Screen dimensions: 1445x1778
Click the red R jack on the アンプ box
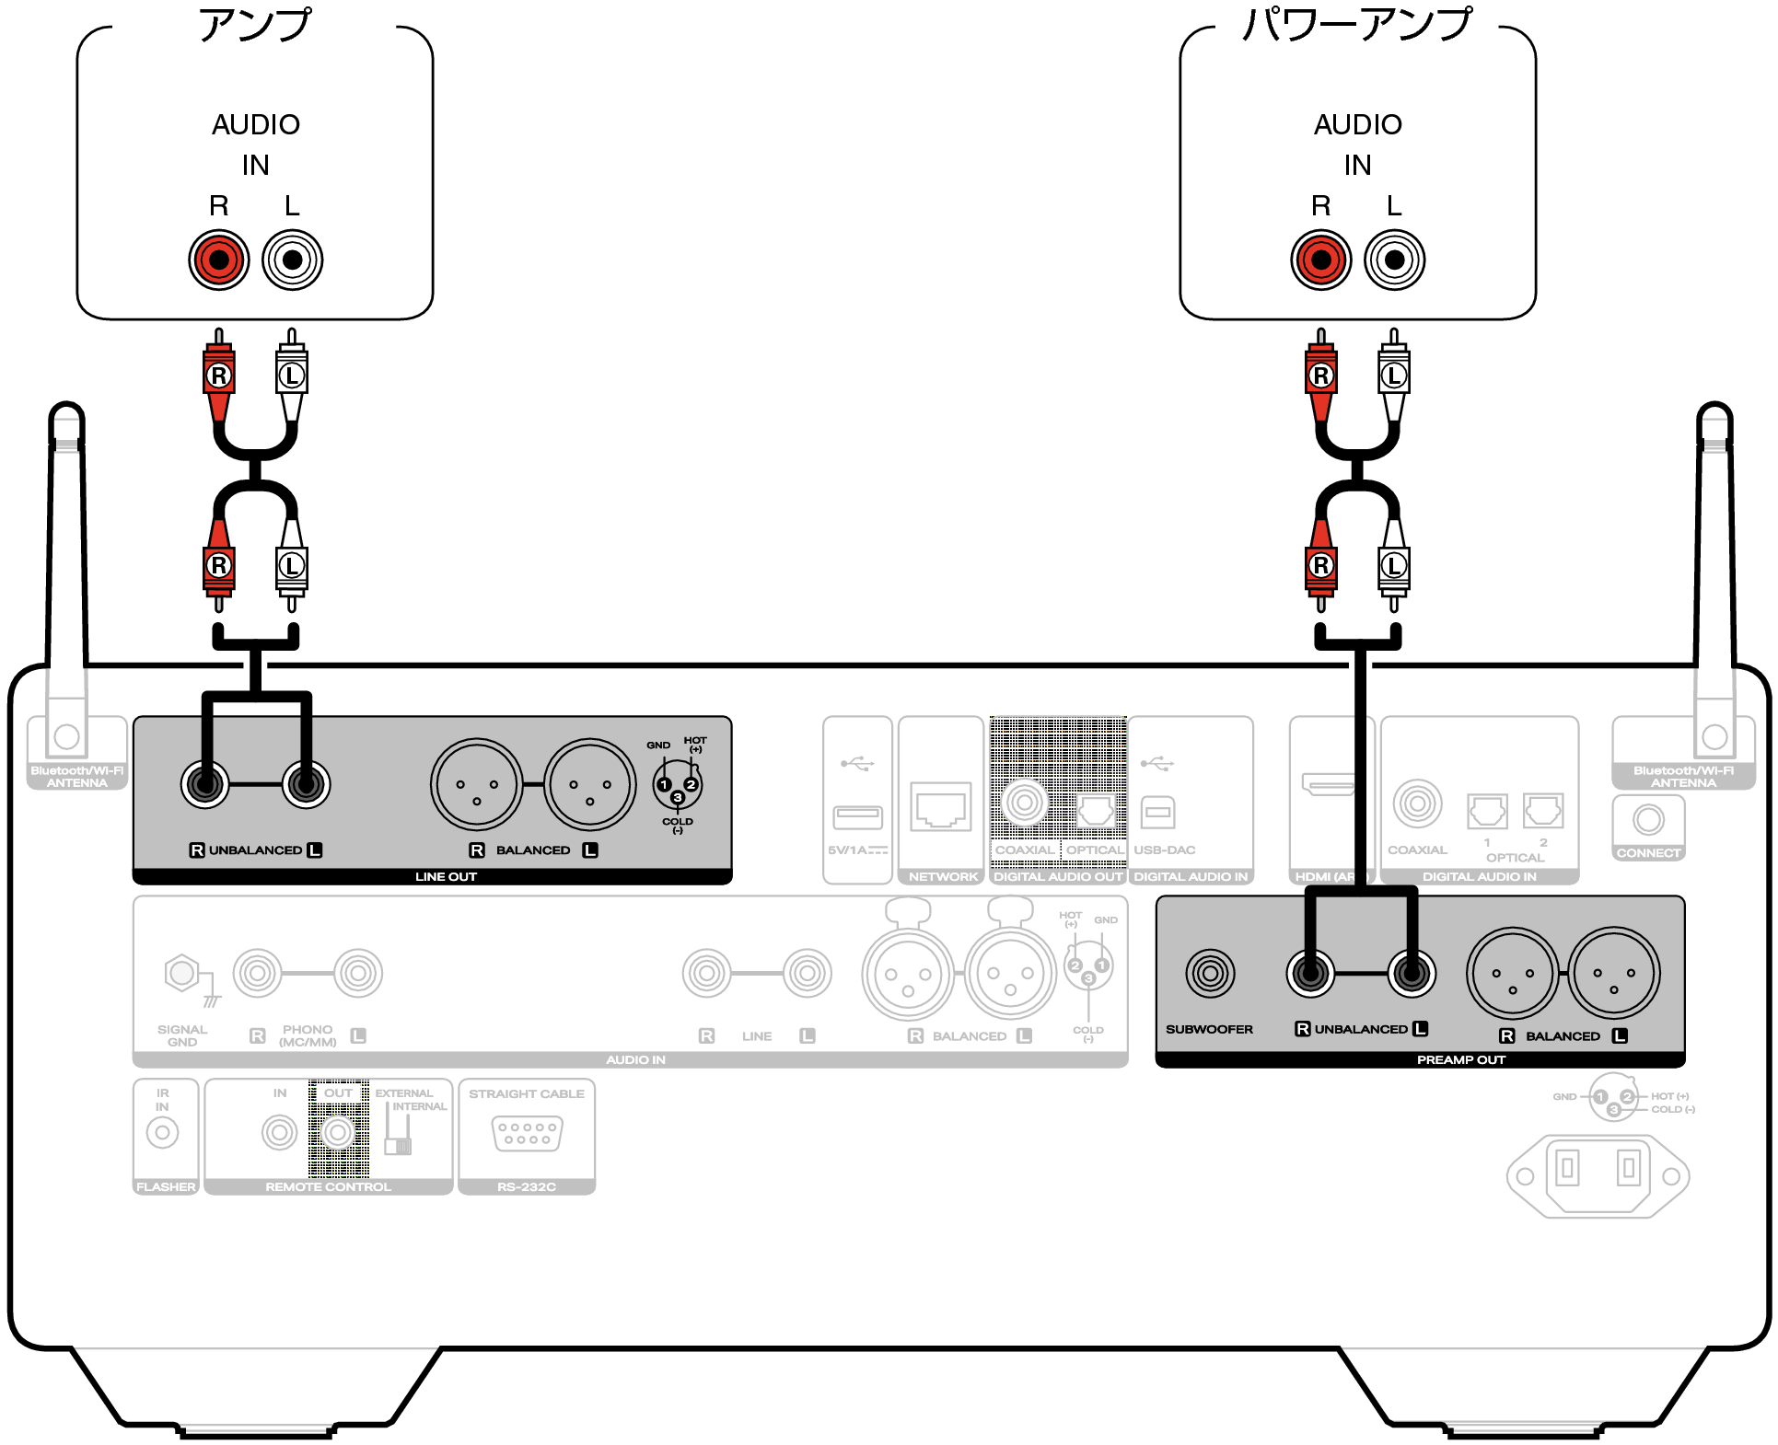click(219, 260)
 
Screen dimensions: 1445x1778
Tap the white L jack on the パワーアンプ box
click(1394, 260)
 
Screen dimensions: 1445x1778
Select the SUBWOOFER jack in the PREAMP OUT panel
click(1210, 973)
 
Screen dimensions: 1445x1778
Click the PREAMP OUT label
click(1460, 1060)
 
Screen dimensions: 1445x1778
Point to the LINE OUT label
click(446, 877)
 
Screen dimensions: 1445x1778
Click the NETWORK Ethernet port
click(941, 807)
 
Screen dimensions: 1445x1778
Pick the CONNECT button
click(1648, 819)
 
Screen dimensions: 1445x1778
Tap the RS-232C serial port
click(527, 1133)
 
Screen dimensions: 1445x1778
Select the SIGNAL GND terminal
click(181, 973)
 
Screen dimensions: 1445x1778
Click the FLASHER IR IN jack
click(163, 1133)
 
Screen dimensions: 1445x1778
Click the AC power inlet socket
click(1598, 1175)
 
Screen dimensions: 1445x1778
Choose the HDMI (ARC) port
click(1328, 785)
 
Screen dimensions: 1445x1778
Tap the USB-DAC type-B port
click(1157, 812)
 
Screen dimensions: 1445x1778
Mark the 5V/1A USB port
click(857, 816)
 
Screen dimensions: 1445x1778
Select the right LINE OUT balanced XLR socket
click(589, 785)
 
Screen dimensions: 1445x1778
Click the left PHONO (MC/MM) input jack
click(257, 973)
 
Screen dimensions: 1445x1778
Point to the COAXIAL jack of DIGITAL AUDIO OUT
click(1024, 803)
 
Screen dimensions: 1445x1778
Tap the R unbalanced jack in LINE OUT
click(205, 785)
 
